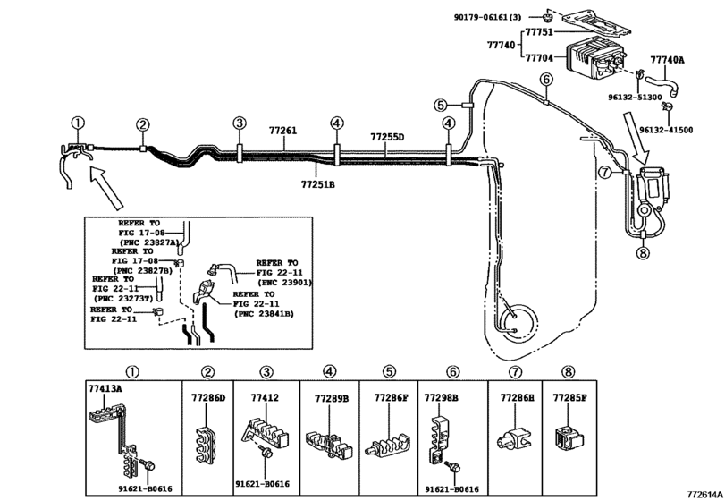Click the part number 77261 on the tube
click(x=283, y=131)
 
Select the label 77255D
click(x=387, y=137)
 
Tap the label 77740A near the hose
click(x=667, y=59)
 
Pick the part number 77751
click(x=539, y=32)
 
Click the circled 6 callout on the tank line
click(x=546, y=80)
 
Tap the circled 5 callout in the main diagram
click(x=441, y=105)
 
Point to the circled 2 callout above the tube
click(x=142, y=124)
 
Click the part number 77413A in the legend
click(x=105, y=390)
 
